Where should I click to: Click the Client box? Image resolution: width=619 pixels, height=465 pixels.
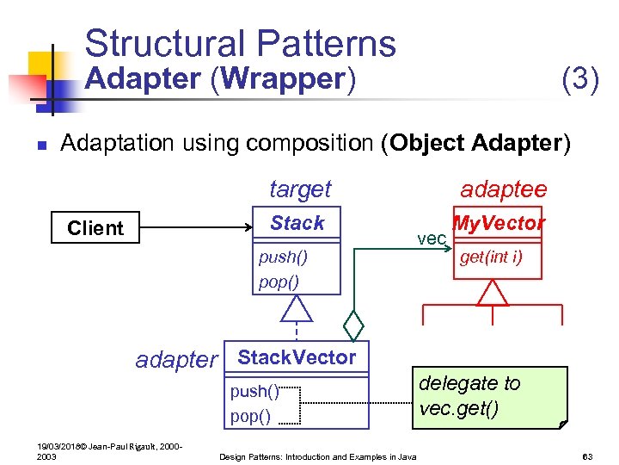(x=95, y=228)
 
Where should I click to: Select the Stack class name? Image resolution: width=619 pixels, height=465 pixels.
(x=297, y=223)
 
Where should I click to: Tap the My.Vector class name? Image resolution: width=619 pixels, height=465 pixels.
(x=499, y=224)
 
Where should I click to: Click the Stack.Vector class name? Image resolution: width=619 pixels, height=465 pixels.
(x=297, y=357)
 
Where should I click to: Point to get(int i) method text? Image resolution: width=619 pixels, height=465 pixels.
(x=490, y=257)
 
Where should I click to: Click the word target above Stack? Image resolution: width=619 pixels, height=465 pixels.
(x=300, y=189)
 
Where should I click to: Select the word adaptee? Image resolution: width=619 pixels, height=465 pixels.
(x=503, y=189)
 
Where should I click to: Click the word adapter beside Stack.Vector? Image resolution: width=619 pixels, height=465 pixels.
(x=176, y=360)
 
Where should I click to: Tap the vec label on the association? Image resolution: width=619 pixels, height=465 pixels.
(x=431, y=239)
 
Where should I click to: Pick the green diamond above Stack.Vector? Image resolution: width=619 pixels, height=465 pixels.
(x=353, y=326)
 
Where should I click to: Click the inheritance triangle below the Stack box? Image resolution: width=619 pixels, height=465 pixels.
(x=297, y=307)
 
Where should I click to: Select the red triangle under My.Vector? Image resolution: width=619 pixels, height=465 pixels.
(x=493, y=293)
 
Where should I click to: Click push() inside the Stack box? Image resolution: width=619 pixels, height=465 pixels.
(x=283, y=257)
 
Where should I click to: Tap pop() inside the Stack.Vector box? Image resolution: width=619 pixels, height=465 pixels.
(x=250, y=417)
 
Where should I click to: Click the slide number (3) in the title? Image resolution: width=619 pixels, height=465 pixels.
(x=579, y=79)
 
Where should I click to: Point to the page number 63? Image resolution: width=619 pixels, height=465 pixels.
(x=588, y=456)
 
